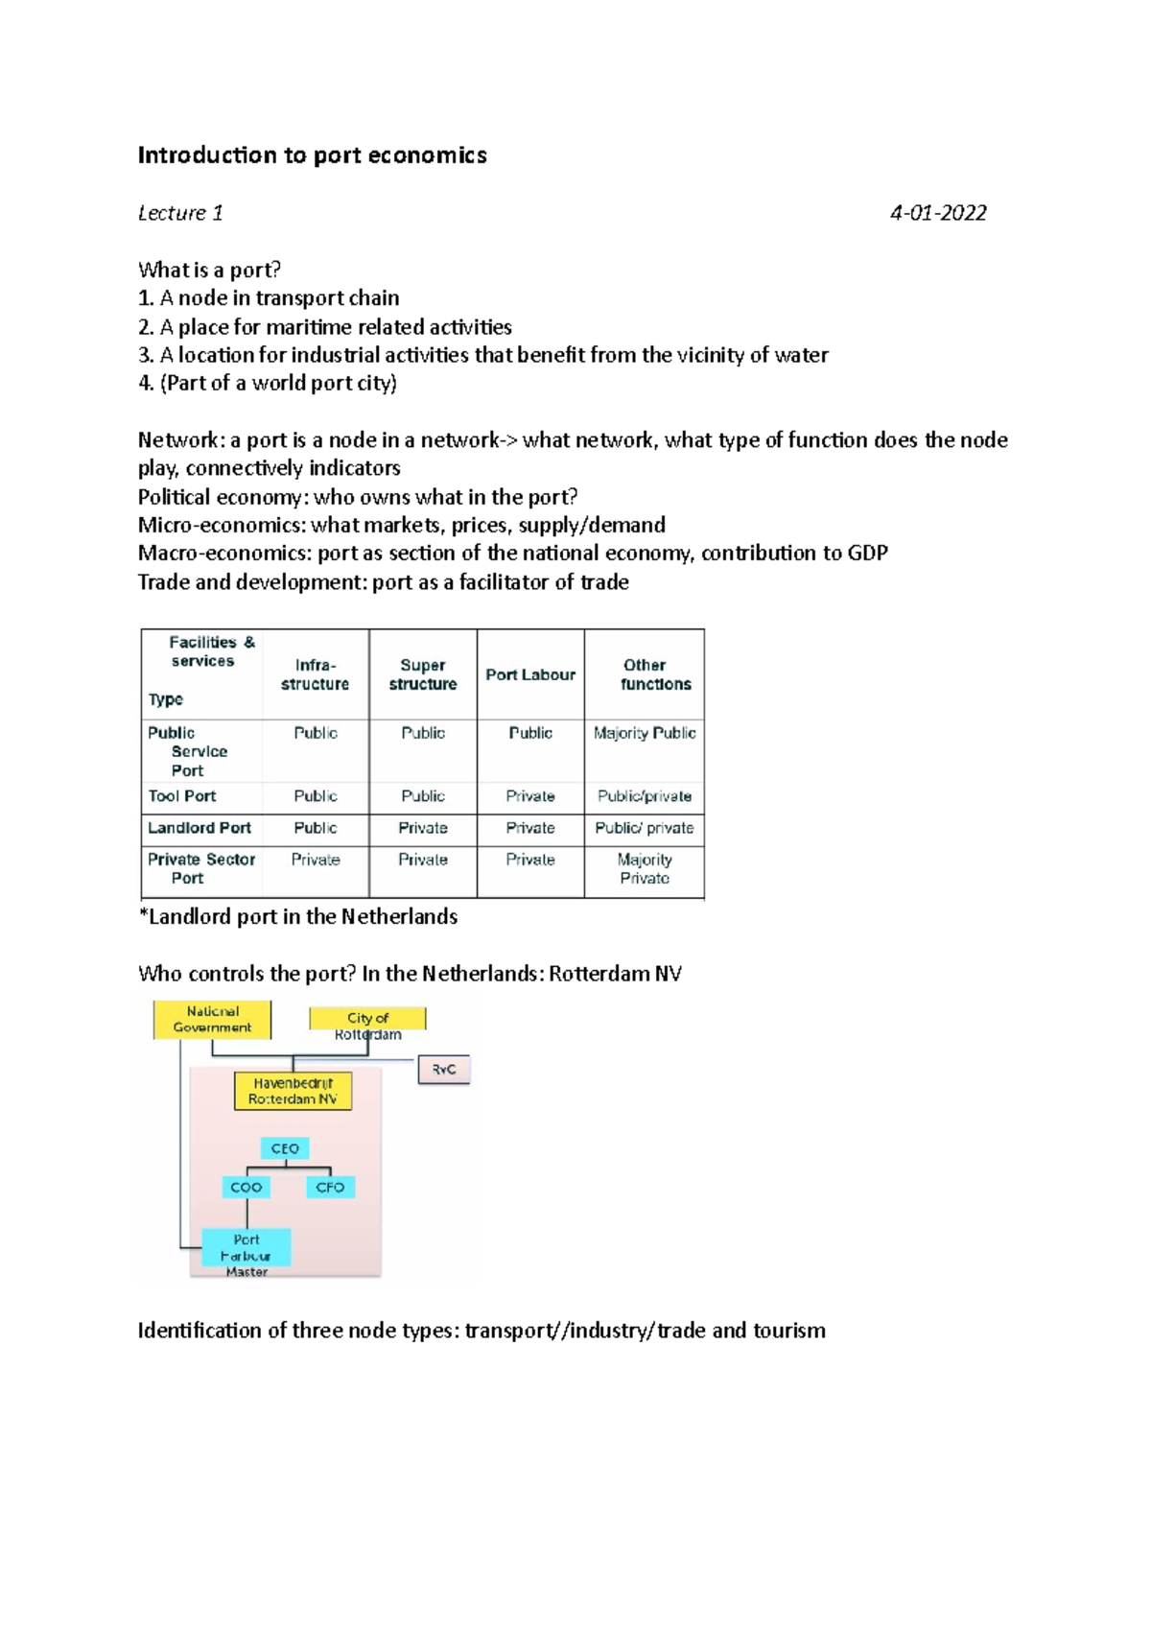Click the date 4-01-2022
tap(937, 213)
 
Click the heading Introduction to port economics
tap(312, 155)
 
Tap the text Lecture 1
tap(180, 213)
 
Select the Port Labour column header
tap(529, 675)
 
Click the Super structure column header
tap(422, 674)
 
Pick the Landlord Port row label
tap(200, 828)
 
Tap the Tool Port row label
tap(182, 796)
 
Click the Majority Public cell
tap(645, 733)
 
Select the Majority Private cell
tap(645, 869)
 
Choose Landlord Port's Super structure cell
tap(423, 828)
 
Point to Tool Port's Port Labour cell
tap(530, 796)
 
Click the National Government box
tap(212, 1020)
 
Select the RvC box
tap(444, 1070)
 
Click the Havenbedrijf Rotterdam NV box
tap(293, 1092)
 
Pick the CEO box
tap(285, 1148)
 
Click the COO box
tap(247, 1188)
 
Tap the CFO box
tap(330, 1188)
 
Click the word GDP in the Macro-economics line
tap(867, 554)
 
